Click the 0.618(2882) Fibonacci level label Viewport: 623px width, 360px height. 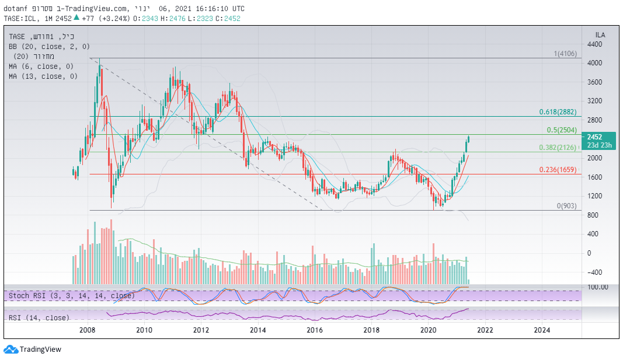click(x=558, y=111)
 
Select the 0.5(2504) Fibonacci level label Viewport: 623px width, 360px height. click(x=562, y=130)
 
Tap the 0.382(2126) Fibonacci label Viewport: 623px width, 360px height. click(x=558, y=148)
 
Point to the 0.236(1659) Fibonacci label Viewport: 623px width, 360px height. click(x=558, y=170)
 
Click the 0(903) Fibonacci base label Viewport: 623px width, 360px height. click(x=566, y=206)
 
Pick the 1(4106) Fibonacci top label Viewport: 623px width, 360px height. click(x=565, y=54)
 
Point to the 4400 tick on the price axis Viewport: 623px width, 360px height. click(x=595, y=44)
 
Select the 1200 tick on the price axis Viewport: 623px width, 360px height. click(x=595, y=196)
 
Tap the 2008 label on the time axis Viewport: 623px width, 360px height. click(x=87, y=330)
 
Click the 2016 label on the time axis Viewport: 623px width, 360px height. click(x=315, y=330)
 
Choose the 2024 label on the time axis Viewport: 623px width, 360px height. click(x=542, y=330)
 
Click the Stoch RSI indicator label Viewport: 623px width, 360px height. click(x=72, y=296)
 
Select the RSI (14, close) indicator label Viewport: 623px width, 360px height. click(x=39, y=318)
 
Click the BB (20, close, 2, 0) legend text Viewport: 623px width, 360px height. click(x=49, y=46)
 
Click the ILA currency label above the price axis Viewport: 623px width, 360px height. click(x=600, y=35)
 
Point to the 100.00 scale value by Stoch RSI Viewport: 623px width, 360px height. click(x=598, y=287)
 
